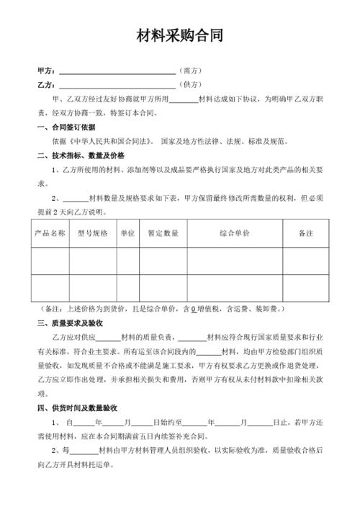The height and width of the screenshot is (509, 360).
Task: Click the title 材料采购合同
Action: coord(180,37)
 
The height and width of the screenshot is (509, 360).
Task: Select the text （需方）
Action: coord(189,71)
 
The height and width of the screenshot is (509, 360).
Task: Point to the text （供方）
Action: coord(189,85)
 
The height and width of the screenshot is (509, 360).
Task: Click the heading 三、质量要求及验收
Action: coord(75,323)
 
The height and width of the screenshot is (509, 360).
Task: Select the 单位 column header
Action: coord(127,233)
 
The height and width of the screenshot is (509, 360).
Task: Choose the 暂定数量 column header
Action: coord(163,233)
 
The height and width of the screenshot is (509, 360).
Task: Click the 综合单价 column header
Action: coord(235,233)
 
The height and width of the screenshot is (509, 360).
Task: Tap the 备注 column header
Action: coord(306,233)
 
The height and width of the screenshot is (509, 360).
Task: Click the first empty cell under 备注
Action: coord(306,261)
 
